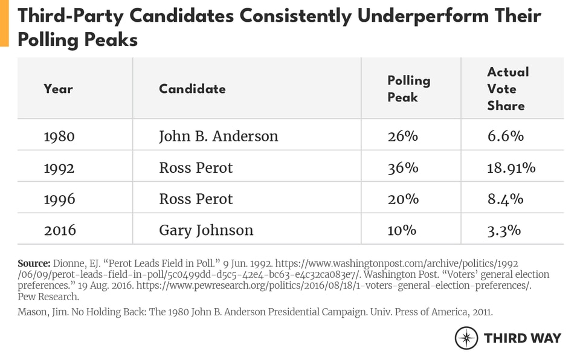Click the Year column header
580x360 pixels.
click(x=58, y=89)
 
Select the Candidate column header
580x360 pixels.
click(x=192, y=89)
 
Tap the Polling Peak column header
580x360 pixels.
click(x=408, y=89)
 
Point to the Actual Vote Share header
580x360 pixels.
click(x=507, y=89)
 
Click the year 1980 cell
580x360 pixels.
click(x=59, y=136)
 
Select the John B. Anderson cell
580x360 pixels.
click(x=218, y=136)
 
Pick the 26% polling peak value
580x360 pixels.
click(x=402, y=136)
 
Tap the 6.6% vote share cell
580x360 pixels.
click(x=505, y=136)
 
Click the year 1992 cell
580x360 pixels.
click(x=59, y=167)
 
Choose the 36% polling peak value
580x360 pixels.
click(x=402, y=167)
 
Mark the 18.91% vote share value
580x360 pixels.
click(x=511, y=167)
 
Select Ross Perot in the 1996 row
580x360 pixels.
click(x=196, y=199)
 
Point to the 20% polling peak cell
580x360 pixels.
click(x=402, y=199)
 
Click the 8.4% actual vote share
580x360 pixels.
click(x=505, y=199)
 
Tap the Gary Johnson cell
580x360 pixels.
click(x=206, y=230)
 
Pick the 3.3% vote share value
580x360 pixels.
click(x=505, y=230)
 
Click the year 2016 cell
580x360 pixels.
click(x=59, y=230)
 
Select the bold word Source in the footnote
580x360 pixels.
click(x=33, y=264)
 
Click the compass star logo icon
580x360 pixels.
click(x=466, y=338)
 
